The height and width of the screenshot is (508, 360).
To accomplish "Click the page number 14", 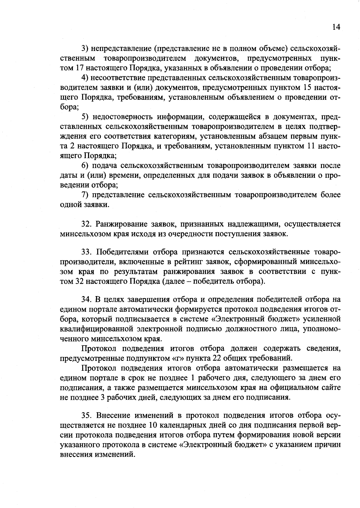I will coord(336,27).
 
